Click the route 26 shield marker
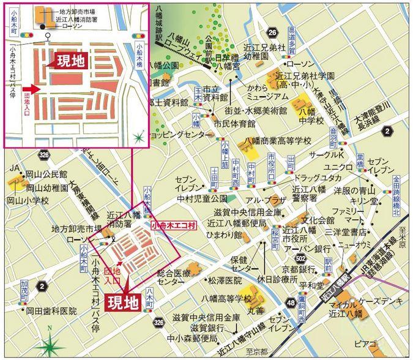coord(272,32)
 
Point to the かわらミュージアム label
coord(267,92)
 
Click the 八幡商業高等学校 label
coord(278,140)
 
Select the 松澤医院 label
coord(225,280)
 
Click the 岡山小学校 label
coord(28,200)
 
